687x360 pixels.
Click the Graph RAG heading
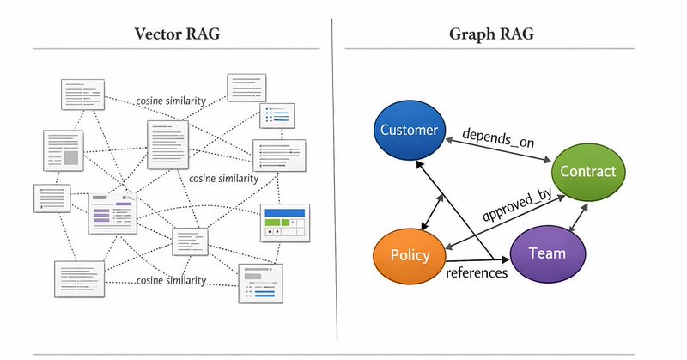(x=485, y=35)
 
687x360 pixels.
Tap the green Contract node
(x=587, y=171)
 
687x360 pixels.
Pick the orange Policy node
(x=410, y=256)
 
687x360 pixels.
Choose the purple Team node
(x=548, y=253)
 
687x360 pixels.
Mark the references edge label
(x=477, y=273)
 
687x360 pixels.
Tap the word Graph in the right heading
(x=470, y=35)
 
